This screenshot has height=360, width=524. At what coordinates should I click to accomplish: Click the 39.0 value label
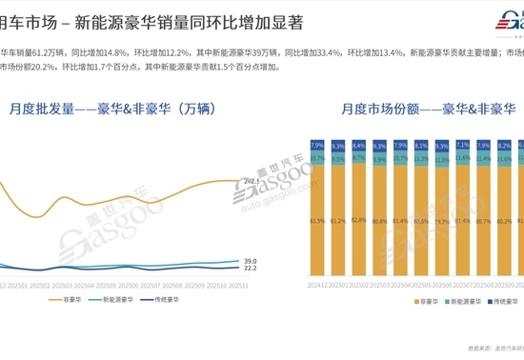(x=251, y=261)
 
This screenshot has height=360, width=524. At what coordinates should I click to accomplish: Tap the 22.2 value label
(x=251, y=270)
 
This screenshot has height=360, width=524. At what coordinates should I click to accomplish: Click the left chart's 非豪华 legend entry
(x=66, y=299)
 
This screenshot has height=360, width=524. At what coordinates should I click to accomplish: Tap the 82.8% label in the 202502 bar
(x=358, y=220)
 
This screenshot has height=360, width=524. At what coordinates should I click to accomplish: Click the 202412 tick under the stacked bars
(x=317, y=285)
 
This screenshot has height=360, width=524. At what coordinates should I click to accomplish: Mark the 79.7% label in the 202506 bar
(x=441, y=222)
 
